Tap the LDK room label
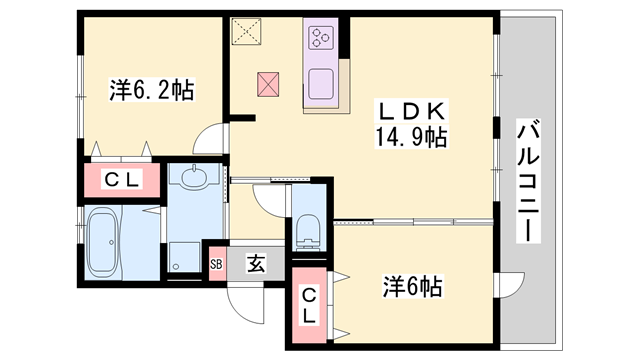[x=410, y=108]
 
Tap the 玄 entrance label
[x=256, y=264]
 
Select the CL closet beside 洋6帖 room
[x=310, y=305]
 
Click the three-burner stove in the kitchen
[x=322, y=39]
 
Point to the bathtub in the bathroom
[x=102, y=242]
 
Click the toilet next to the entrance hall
[x=307, y=229]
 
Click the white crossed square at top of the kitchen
[x=246, y=34]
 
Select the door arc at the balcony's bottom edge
[x=510, y=285]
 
